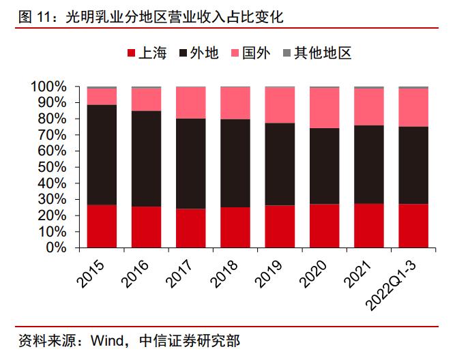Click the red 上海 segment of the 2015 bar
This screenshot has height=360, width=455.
(x=102, y=226)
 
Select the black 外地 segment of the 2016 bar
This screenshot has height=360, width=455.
(x=146, y=159)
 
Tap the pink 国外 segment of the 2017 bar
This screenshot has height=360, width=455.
(x=190, y=103)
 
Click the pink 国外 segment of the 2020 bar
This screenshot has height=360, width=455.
(x=324, y=108)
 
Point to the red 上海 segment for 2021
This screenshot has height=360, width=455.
(x=368, y=226)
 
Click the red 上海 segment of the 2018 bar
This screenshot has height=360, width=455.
(x=235, y=228)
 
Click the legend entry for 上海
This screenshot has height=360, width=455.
(x=146, y=53)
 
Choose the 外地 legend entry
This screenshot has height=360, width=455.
(x=198, y=53)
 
